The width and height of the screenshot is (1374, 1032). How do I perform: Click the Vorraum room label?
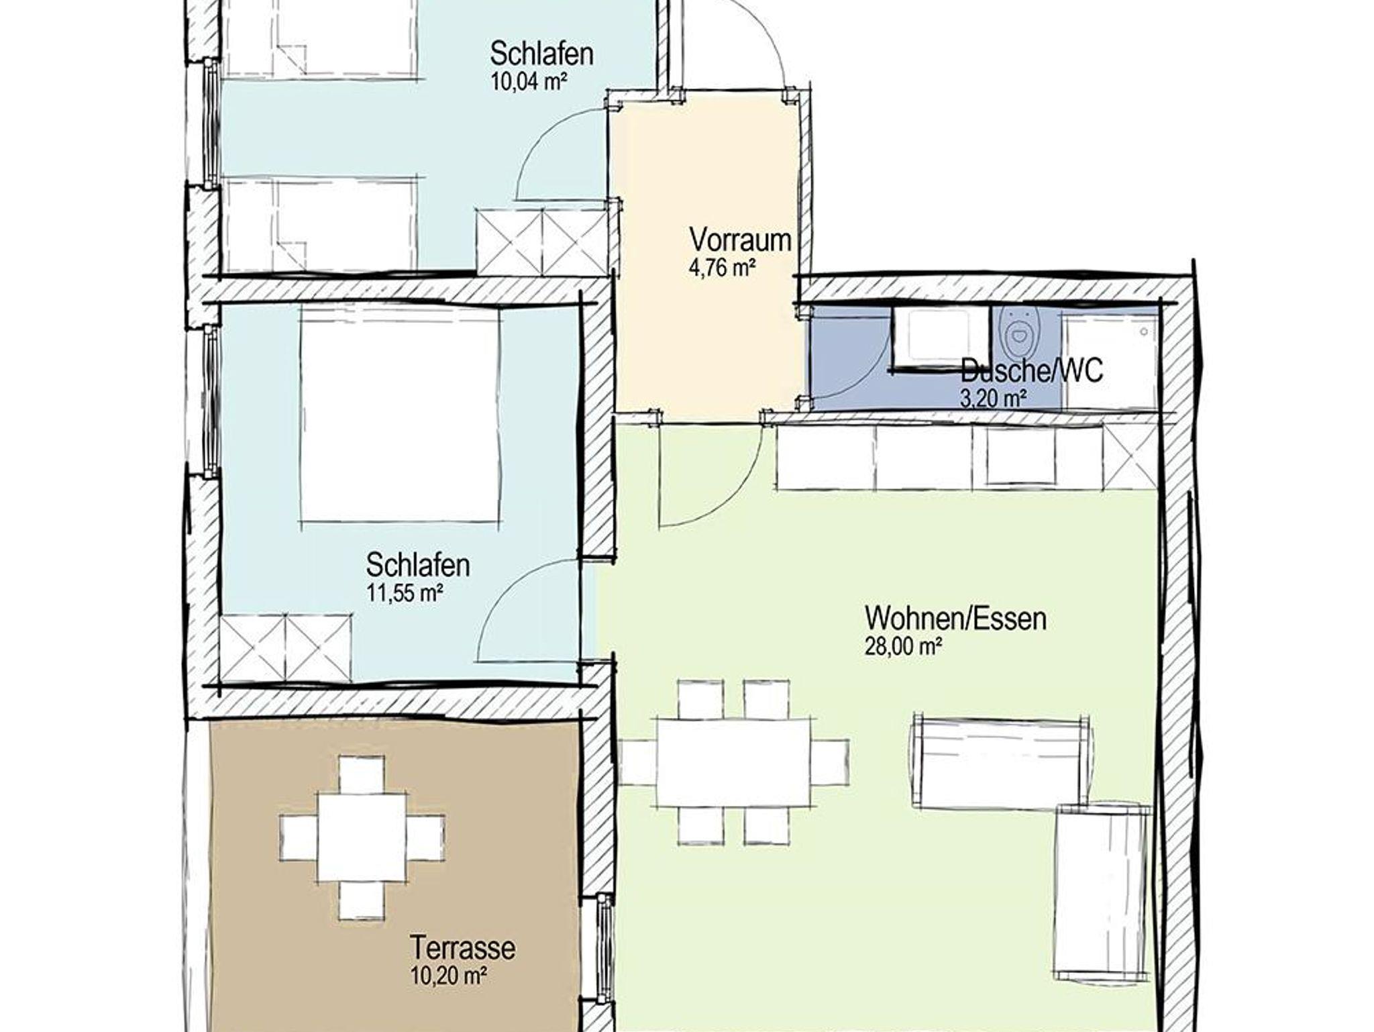point(740,240)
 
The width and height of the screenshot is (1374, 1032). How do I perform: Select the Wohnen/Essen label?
point(956,618)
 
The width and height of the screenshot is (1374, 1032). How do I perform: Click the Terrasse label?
point(463,948)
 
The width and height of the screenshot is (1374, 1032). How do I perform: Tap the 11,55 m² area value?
point(405,593)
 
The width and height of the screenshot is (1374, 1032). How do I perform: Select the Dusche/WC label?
point(1032,370)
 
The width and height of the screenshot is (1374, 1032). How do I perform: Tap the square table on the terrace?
point(362,838)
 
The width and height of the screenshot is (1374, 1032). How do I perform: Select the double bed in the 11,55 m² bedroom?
point(400,414)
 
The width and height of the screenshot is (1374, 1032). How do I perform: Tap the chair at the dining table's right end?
point(831,762)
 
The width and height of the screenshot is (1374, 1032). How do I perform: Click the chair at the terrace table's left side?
point(299,838)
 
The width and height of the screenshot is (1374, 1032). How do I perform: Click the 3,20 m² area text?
point(994,399)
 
